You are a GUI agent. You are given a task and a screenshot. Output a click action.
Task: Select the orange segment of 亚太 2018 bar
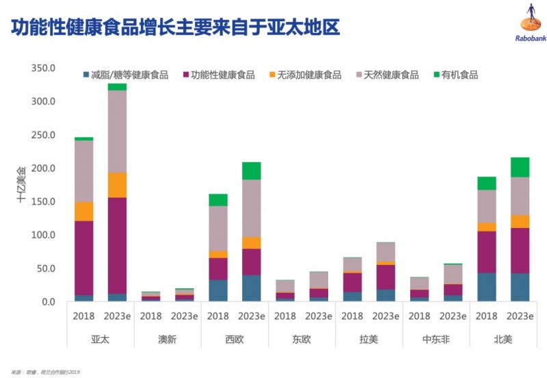tap(84, 211)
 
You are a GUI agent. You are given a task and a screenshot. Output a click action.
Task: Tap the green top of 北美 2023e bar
tap(520, 167)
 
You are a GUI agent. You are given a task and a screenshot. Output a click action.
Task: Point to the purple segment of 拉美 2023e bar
tap(386, 277)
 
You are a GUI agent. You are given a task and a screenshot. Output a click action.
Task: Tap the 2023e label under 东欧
tap(319, 316)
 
